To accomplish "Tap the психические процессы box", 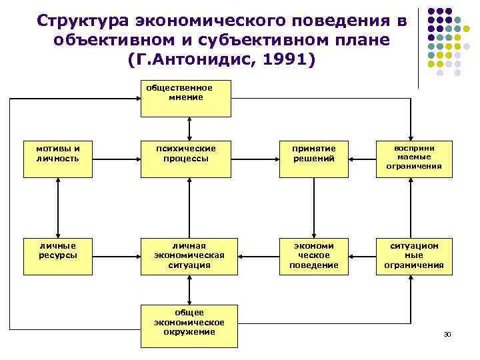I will [x=190, y=158].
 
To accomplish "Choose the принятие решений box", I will [x=313, y=158].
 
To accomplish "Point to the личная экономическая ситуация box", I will [x=190, y=256].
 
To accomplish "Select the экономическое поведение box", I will [x=313, y=256].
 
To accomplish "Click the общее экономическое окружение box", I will [x=190, y=325].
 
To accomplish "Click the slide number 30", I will [x=447, y=333].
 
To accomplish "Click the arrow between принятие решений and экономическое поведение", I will [x=313, y=207].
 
